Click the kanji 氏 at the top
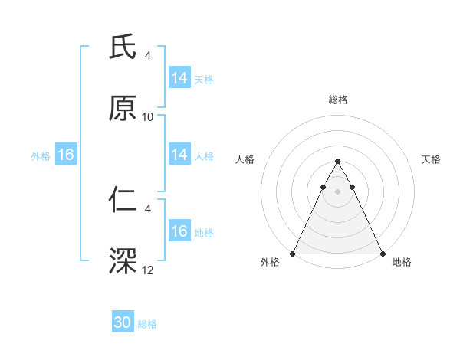(123, 47)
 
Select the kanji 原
(123, 110)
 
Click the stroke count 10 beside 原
(148, 117)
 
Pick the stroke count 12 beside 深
(148, 270)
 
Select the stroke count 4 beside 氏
(148, 55)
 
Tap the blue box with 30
(123, 322)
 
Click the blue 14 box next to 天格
(179, 78)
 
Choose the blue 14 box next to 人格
(179, 155)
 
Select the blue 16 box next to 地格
(179, 231)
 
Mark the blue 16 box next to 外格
(65, 155)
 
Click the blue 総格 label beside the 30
(147, 324)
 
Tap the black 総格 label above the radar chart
(337, 100)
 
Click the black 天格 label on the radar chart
(431, 159)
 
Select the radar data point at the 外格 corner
(293, 253)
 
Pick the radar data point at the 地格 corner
(382, 253)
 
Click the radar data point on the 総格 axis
(337, 162)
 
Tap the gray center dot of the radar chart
(337, 191)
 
